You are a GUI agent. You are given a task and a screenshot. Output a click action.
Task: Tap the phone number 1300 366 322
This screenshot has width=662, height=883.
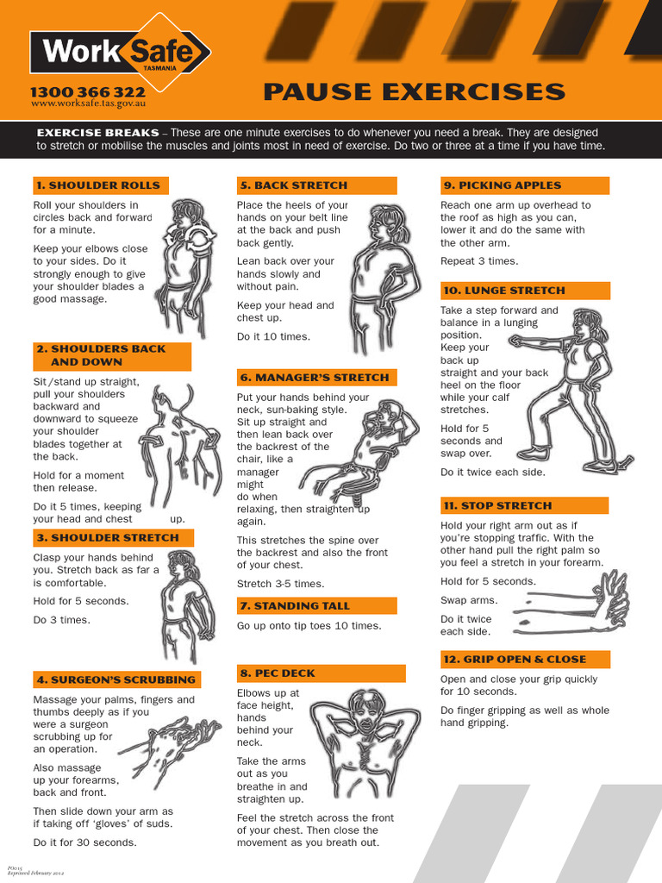(x=87, y=91)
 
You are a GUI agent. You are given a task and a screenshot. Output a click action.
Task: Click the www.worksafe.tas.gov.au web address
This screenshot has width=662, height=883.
(x=87, y=103)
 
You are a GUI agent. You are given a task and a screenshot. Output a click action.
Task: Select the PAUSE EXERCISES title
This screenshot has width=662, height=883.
(x=414, y=92)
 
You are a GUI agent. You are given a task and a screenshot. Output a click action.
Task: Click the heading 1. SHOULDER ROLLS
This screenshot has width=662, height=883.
(x=100, y=185)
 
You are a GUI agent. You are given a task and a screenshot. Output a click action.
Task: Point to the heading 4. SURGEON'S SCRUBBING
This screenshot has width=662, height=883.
(x=116, y=679)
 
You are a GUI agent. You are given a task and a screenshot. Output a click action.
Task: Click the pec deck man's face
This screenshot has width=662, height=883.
(x=365, y=715)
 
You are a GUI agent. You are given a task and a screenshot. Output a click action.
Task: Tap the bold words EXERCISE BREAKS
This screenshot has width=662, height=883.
(x=97, y=133)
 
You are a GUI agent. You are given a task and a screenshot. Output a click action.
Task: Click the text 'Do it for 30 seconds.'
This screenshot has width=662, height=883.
(x=84, y=842)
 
